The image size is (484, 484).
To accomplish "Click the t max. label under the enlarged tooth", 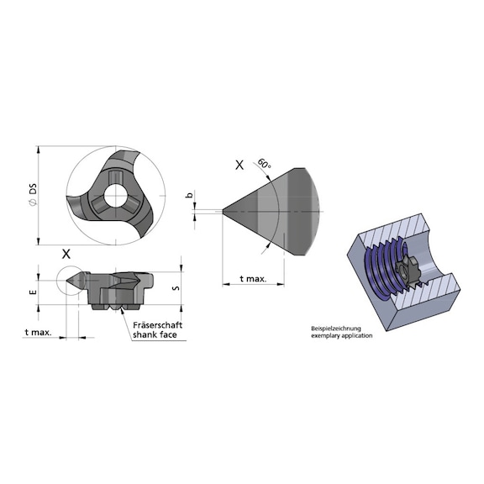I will tap(253, 278).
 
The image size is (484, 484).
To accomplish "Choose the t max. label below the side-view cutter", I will tap(39, 332).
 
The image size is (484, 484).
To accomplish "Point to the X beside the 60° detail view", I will tap(239, 166).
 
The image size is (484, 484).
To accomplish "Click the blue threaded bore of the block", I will tap(382, 269).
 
